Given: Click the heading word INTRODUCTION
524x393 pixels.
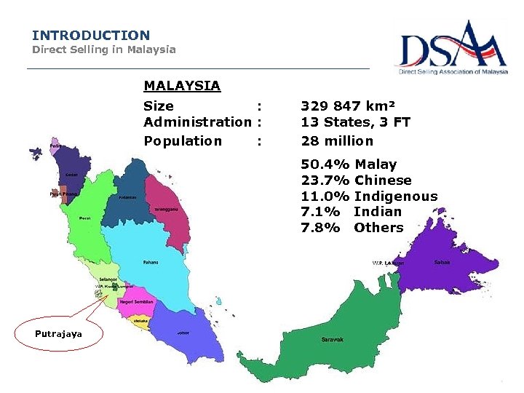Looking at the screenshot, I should coord(91,35).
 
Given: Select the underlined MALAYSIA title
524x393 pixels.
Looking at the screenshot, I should coord(182,86).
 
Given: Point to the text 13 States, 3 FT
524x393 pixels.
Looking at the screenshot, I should coord(356,122).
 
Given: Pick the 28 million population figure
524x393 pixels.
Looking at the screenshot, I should coord(337,141).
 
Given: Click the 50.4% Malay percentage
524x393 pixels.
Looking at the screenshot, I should coord(325,164).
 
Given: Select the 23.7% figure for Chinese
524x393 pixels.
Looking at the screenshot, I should coord(325,180).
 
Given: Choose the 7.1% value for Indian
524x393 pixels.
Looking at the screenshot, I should coord(320,212).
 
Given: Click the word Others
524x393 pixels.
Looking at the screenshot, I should coord(378,228).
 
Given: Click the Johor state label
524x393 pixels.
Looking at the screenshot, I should coord(183,333).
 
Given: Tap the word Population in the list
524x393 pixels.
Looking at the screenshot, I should coord(183,141).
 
